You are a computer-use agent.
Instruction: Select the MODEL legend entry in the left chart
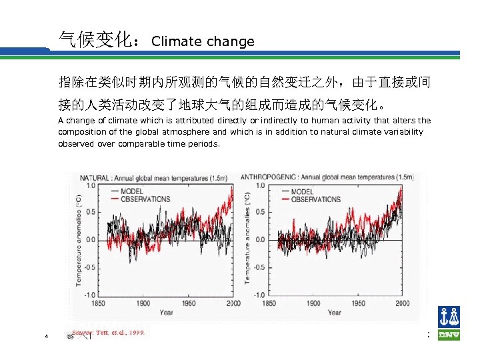[x=131, y=191]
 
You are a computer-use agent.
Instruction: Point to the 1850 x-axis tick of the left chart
[x=99, y=303]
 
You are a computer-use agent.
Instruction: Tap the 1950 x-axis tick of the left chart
[x=189, y=303]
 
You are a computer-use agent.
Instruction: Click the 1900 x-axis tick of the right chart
[x=314, y=303]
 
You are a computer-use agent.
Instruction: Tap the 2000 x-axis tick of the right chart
[x=403, y=303]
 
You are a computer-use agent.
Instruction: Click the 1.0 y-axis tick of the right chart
[x=259, y=185]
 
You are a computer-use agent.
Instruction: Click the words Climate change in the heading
[x=203, y=41]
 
